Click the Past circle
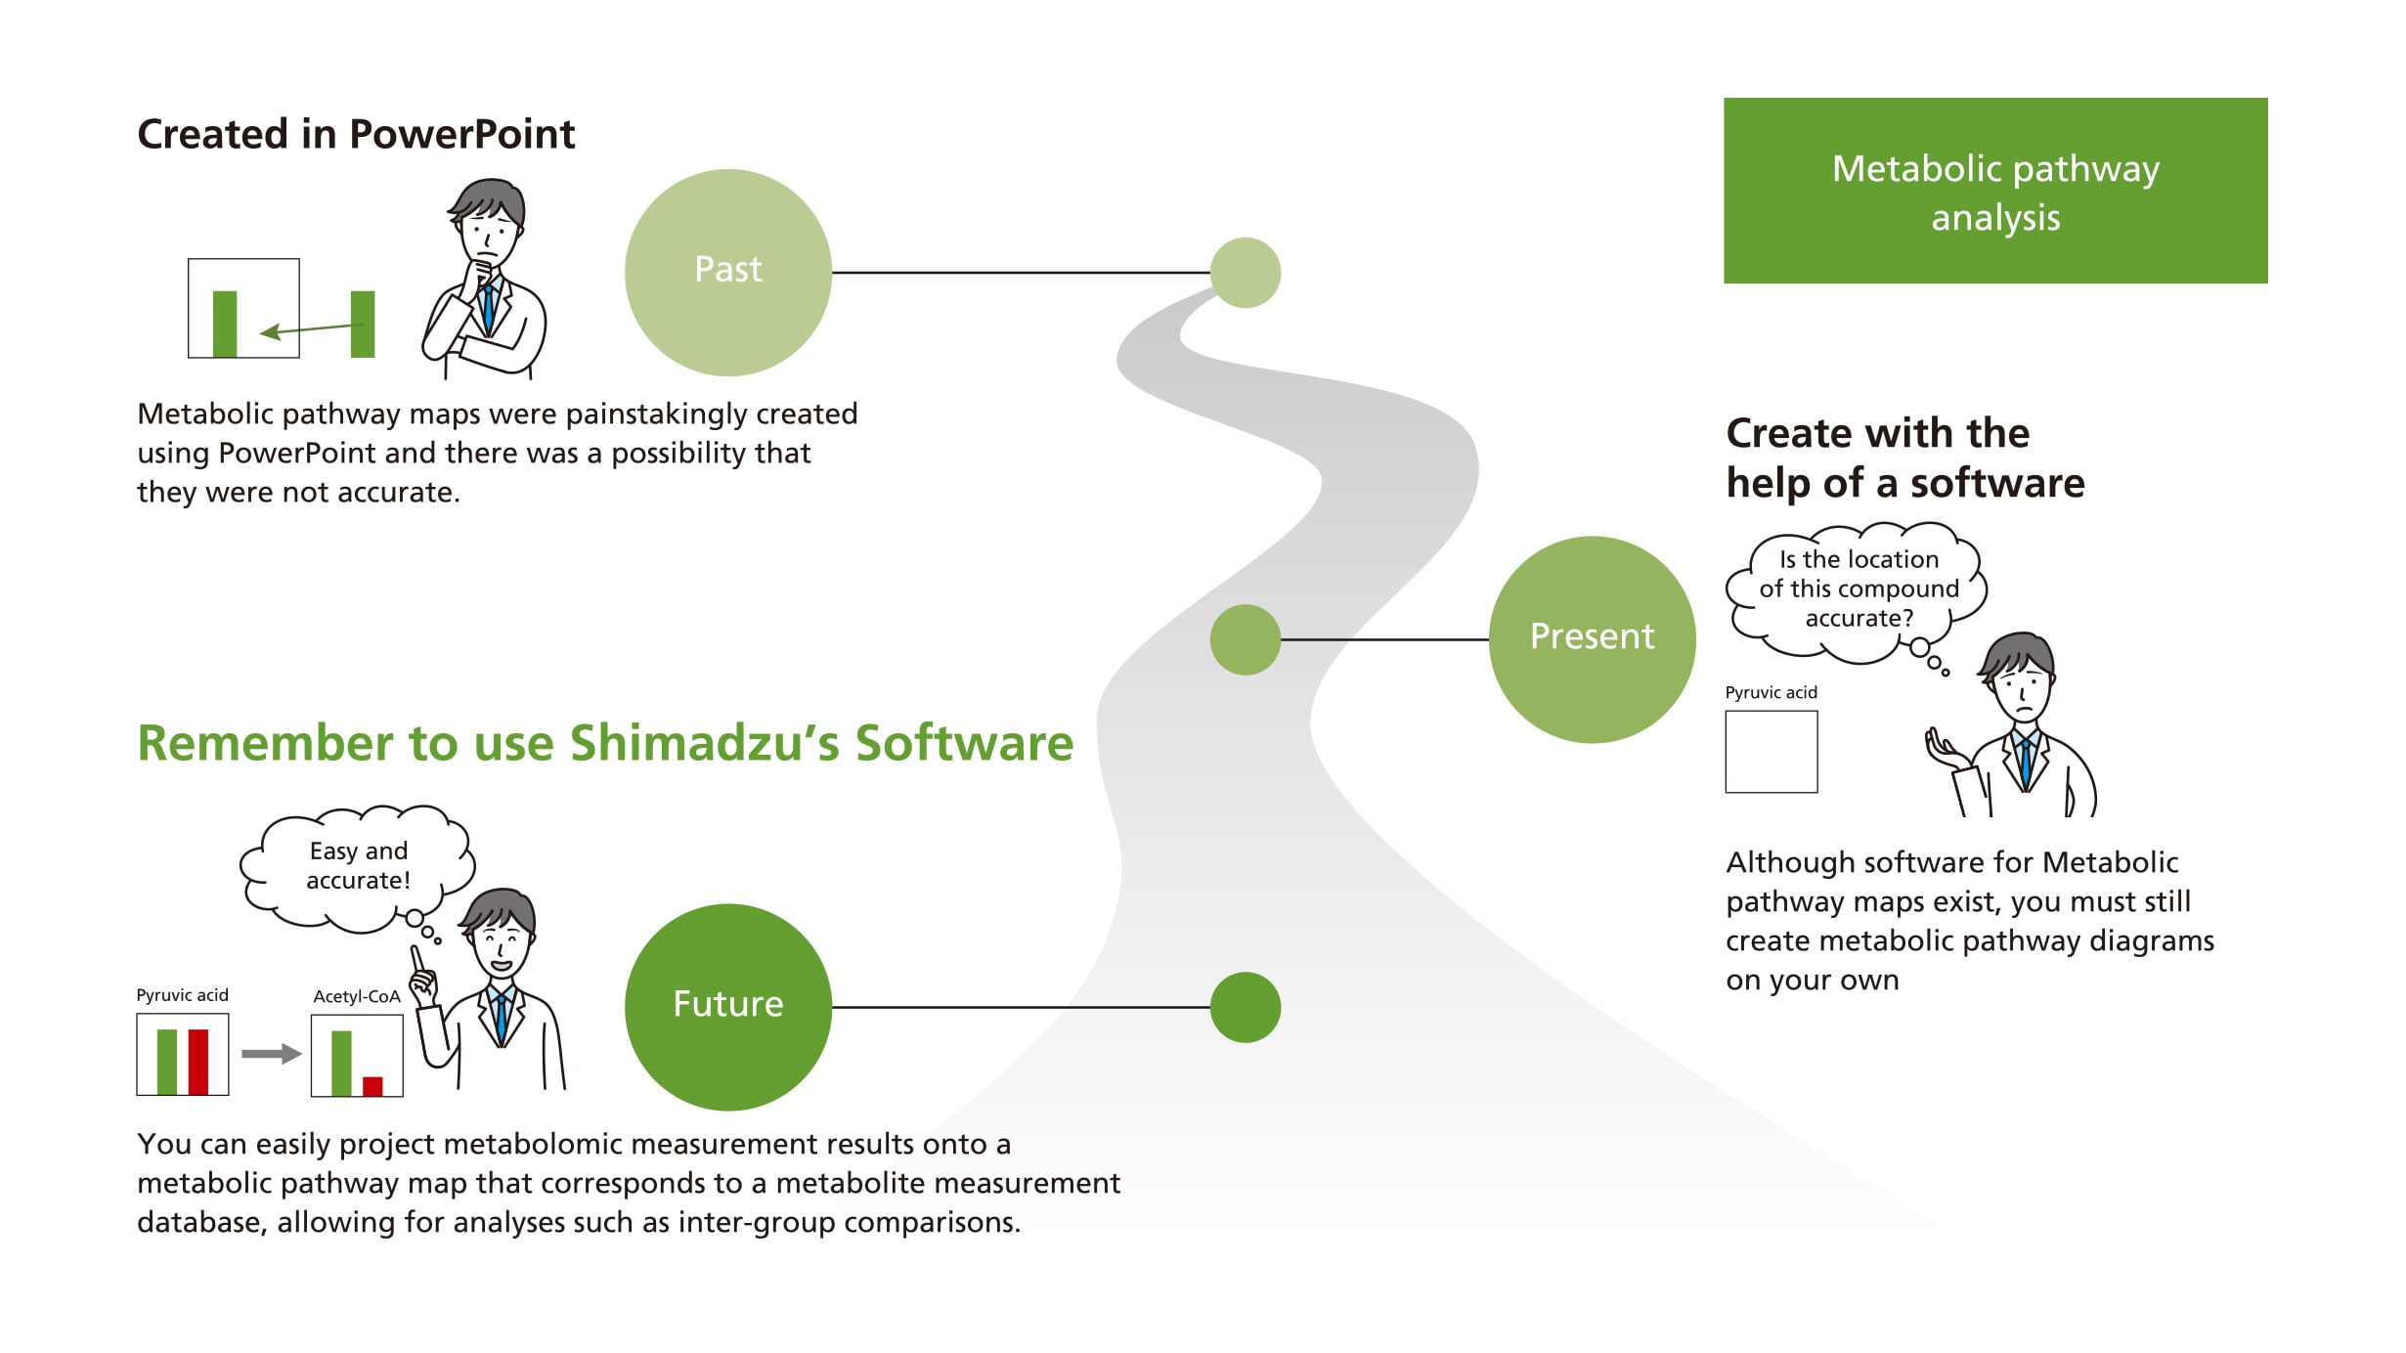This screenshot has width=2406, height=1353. tap(727, 272)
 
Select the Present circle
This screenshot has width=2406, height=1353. tap(1591, 638)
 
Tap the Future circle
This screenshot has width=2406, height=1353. tap(727, 1006)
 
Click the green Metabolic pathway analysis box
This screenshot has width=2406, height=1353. tap(1994, 191)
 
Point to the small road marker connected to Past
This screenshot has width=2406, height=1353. tap(1245, 272)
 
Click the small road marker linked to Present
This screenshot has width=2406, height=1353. tap(1245, 639)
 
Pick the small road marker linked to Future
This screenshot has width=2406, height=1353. tap(1245, 1007)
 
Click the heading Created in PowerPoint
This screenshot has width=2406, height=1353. tap(356, 134)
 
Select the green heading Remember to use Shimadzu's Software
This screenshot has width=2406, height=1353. tap(604, 743)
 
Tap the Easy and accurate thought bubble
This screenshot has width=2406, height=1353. tap(358, 866)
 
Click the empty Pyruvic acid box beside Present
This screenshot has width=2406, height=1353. tap(1771, 751)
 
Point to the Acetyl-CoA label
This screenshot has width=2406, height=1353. tap(356, 996)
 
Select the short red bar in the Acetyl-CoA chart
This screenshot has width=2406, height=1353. tap(372, 1085)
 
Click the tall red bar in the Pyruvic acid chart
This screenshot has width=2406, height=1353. tap(198, 1061)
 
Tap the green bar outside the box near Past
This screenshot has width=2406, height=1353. tap(363, 324)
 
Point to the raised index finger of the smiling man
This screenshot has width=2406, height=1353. tap(416, 958)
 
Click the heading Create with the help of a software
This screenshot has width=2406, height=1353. tap(1903, 458)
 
